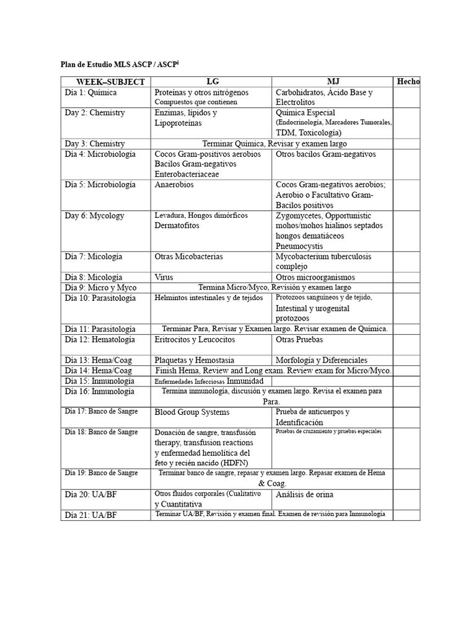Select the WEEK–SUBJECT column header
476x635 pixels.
click(110, 82)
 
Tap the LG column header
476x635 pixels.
click(212, 81)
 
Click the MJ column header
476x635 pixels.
click(333, 81)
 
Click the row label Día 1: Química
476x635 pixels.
click(90, 92)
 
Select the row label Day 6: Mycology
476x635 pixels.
click(95, 216)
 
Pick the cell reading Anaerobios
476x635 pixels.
click(174, 185)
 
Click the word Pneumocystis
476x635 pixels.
click(303, 246)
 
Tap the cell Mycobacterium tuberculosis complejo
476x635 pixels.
click(324, 261)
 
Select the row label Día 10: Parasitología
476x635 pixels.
click(100, 298)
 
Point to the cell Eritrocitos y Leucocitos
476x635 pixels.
click(195, 340)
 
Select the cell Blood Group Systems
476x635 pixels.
click(192, 412)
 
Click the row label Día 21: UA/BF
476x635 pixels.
click(91, 515)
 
